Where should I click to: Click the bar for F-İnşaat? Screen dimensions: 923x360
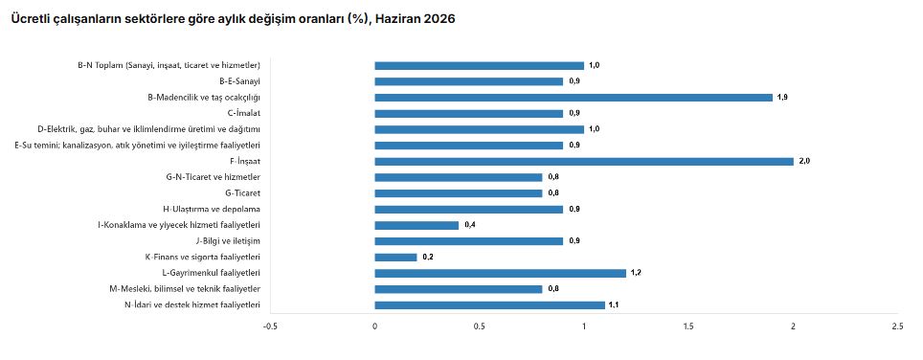click(584, 161)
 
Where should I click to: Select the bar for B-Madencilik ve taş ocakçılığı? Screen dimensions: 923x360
click(574, 98)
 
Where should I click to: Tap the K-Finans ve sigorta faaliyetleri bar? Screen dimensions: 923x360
click(395, 257)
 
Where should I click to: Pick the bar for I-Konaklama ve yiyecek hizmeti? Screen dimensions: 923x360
click(416, 225)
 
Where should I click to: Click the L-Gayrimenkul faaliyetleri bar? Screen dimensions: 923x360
click(501, 273)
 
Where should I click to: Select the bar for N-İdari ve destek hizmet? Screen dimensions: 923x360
click(490, 304)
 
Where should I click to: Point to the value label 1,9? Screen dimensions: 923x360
click(782, 98)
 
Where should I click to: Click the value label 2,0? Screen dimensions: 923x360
click(803, 161)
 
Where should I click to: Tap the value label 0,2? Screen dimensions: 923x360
click(427, 257)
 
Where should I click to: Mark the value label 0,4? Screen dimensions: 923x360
click(469, 225)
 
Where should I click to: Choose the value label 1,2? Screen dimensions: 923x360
click(636, 273)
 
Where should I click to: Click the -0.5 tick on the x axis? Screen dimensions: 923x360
click(270, 326)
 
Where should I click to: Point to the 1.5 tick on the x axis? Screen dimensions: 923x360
click(688, 326)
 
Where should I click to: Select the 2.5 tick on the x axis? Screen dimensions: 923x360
click(898, 326)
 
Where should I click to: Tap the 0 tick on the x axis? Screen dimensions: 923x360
click(375, 326)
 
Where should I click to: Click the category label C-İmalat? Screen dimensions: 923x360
click(244, 114)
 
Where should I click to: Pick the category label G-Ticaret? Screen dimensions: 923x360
click(242, 193)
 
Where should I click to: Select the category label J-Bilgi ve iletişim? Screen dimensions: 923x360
click(228, 241)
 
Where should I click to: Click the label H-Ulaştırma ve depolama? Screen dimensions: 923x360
click(212, 209)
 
